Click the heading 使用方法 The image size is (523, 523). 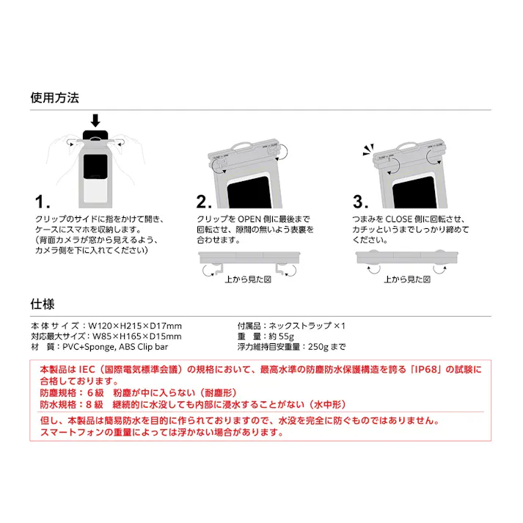54,98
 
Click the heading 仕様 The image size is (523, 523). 43,302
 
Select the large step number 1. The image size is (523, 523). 43,202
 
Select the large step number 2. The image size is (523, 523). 205,202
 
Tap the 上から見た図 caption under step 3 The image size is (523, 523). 406,279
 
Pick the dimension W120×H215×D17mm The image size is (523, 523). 134,326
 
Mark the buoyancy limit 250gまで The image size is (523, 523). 325,347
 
